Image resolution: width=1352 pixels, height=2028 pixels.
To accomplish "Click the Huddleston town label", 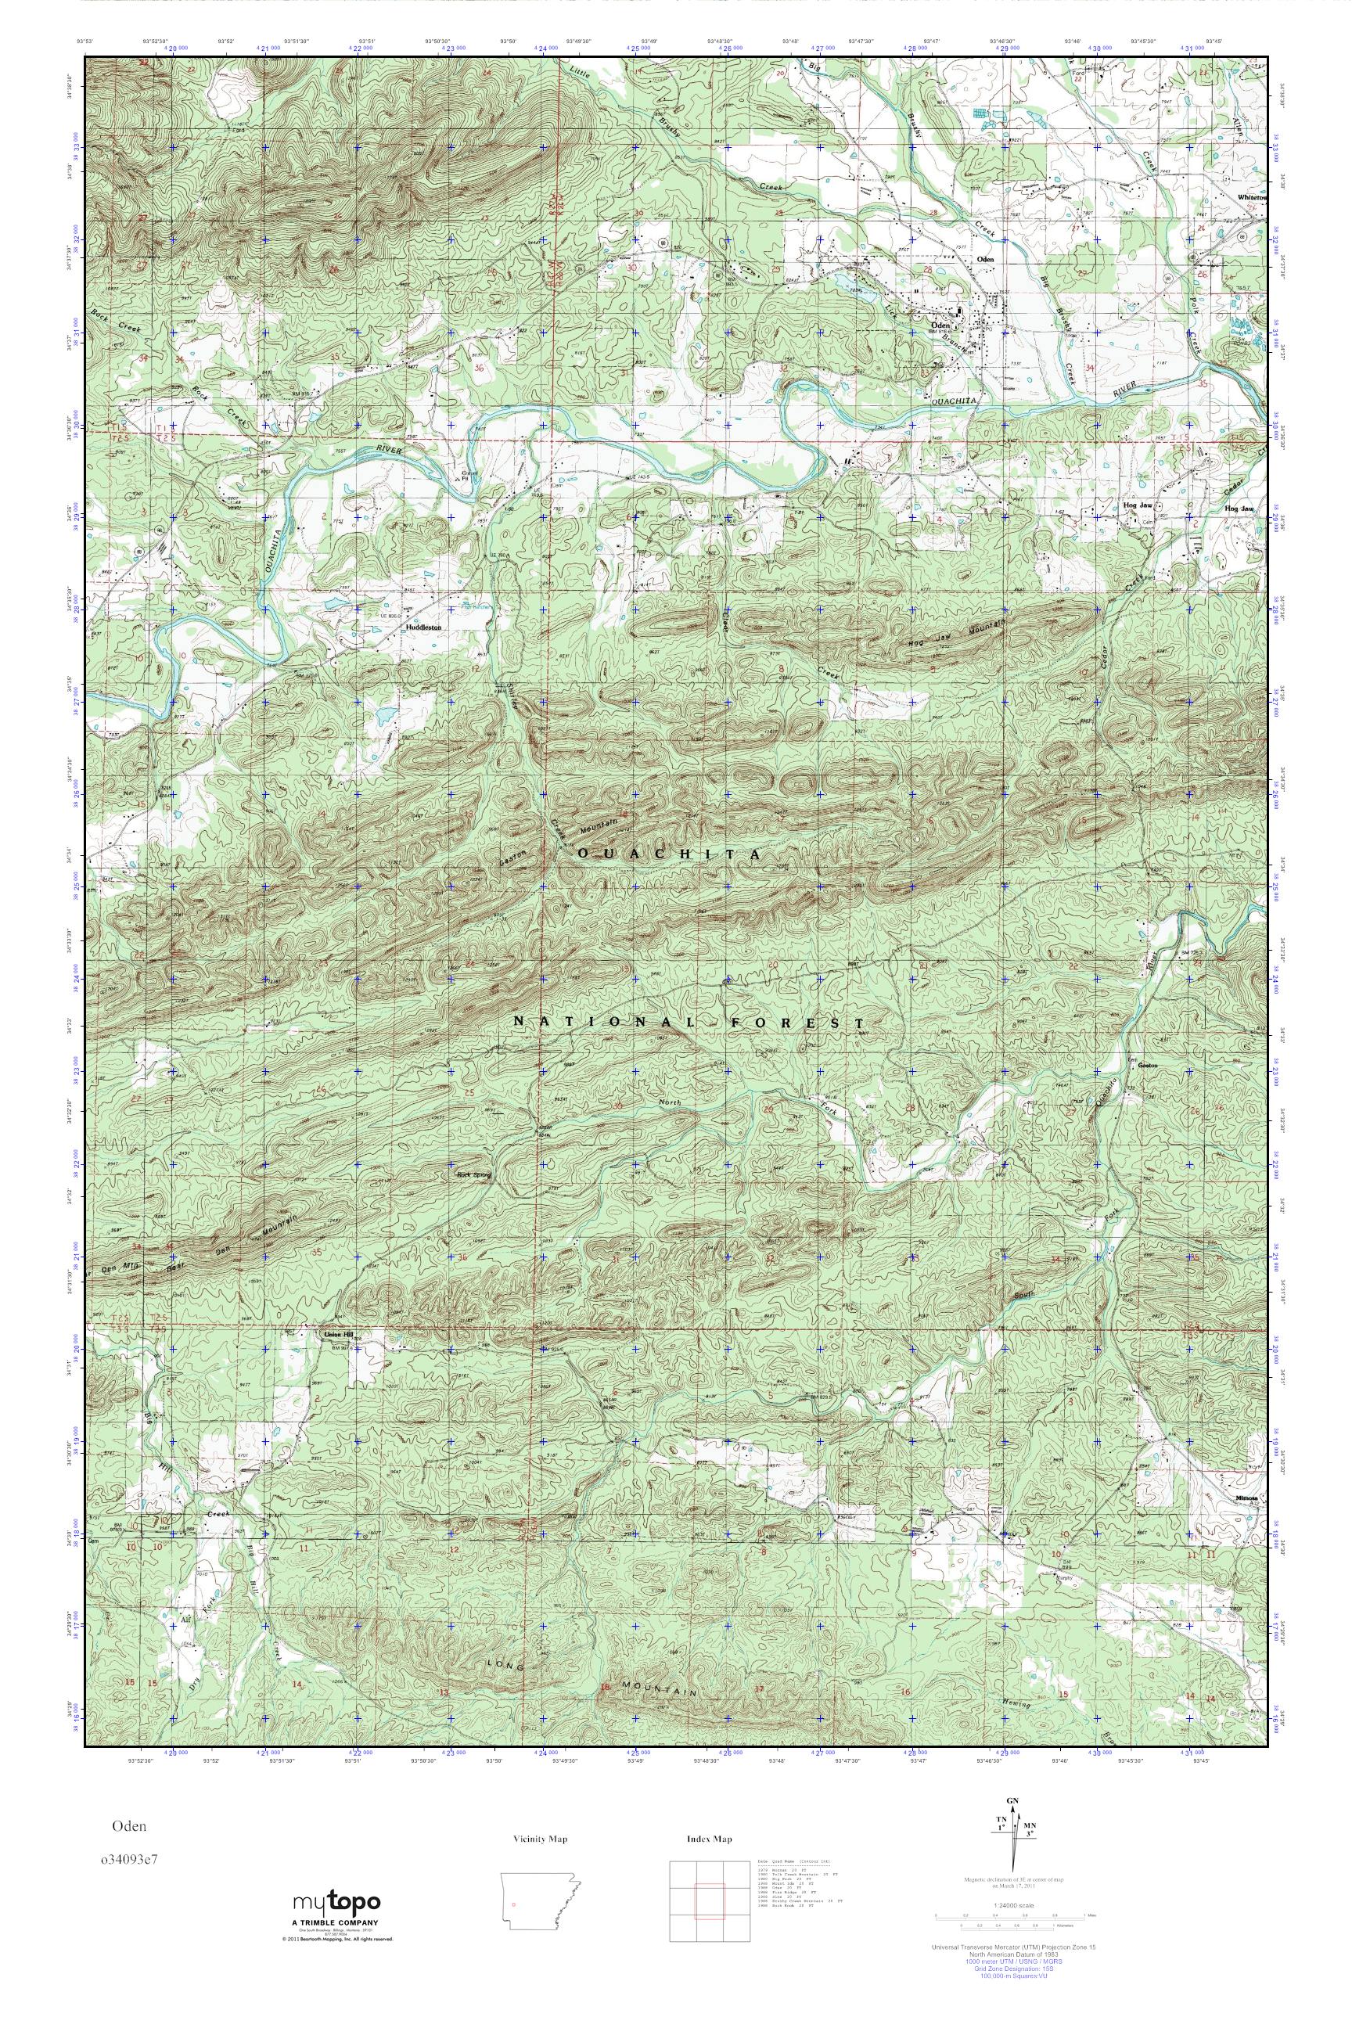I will click(424, 628).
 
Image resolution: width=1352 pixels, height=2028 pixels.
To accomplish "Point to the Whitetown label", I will click(1253, 197).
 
